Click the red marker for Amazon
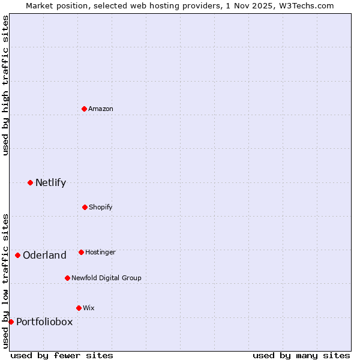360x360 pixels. point(85,109)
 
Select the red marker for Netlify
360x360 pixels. point(31,182)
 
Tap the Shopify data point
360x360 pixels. point(85,207)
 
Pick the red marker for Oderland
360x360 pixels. point(18,255)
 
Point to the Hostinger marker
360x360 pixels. point(81,252)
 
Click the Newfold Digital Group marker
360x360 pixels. point(67,278)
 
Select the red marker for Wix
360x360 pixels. point(79,308)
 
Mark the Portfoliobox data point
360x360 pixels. point(11,322)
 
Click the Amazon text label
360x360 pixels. point(101,109)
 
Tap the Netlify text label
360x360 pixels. point(50,182)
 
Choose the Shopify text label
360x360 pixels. point(101,207)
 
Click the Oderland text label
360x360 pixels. point(44,255)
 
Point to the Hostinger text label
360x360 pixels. point(100,252)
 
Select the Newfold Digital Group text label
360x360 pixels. point(106,278)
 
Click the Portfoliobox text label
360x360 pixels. point(44,322)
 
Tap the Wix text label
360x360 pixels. point(89,308)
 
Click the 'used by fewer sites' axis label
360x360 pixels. point(62,355)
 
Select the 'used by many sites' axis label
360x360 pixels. point(301,355)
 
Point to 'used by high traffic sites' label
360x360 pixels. point(5,85)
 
